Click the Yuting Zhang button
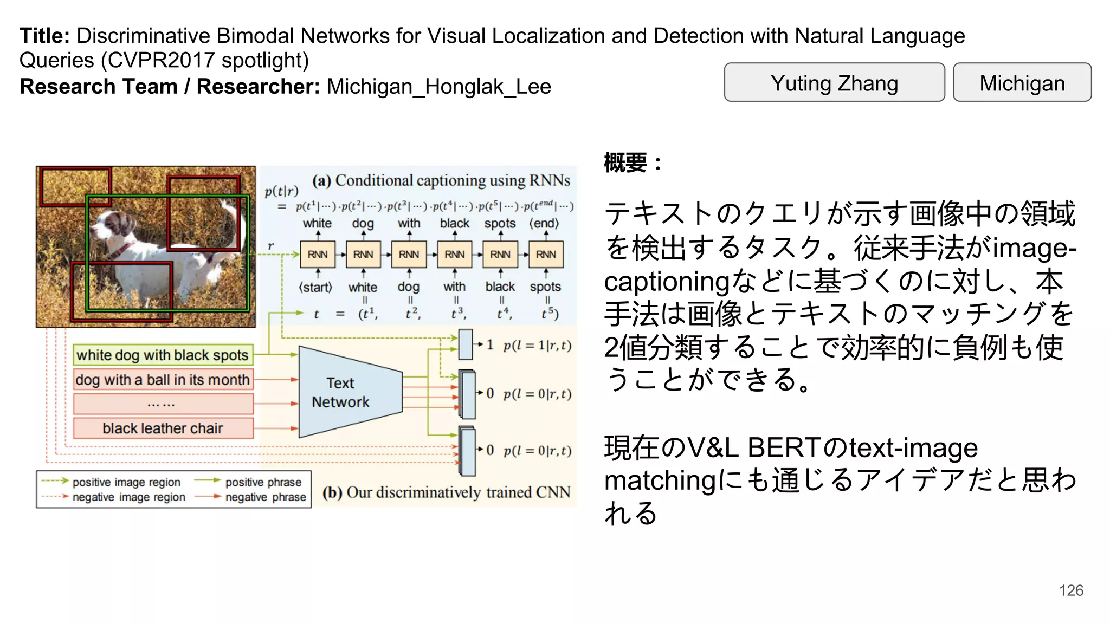tap(834, 82)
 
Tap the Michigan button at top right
tap(1022, 82)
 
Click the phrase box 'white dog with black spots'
tap(163, 355)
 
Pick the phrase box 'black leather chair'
tap(163, 428)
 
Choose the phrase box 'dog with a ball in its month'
tap(163, 380)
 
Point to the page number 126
tap(1071, 590)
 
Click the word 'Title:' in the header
tap(44, 36)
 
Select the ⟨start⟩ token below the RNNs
tap(315, 287)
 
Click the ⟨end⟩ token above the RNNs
tap(544, 223)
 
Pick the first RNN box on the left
tap(318, 255)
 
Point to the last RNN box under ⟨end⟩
tap(546, 255)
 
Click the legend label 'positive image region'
tap(126, 482)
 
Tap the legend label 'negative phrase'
tap(266, 497)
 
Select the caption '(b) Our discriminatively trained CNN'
tap(447, 492)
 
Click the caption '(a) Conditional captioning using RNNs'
tap(441, 180)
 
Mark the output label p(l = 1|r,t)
tap(537, 346)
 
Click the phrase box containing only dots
tap(163, 404)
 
